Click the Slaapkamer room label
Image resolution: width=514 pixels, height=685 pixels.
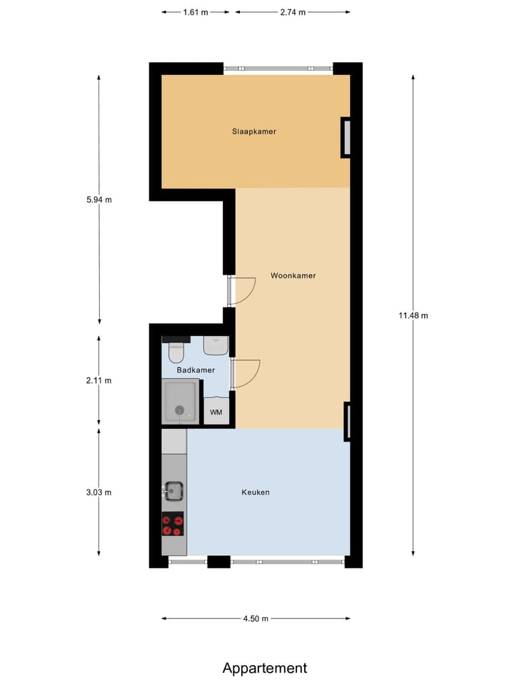253,131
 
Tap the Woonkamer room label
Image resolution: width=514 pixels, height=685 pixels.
293,275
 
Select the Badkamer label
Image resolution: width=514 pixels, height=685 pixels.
196,370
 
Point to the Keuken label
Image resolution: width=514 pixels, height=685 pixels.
256,492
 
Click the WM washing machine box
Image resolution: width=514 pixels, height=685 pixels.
216,412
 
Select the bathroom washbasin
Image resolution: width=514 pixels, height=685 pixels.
216,345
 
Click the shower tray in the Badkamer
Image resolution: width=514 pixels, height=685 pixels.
181,402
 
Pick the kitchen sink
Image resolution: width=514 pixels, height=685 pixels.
173,490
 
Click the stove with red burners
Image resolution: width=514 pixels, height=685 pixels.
173,524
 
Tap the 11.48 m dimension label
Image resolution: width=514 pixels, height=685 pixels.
413,315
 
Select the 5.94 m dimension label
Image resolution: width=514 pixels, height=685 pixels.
99,200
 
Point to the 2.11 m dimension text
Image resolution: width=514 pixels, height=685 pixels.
99,380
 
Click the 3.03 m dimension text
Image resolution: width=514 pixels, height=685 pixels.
99,492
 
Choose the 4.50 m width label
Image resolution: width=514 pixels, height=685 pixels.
256,619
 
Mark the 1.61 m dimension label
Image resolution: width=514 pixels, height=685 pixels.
196,12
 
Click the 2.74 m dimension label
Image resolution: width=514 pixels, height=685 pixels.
293,12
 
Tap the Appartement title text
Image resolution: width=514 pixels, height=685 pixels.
265,668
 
